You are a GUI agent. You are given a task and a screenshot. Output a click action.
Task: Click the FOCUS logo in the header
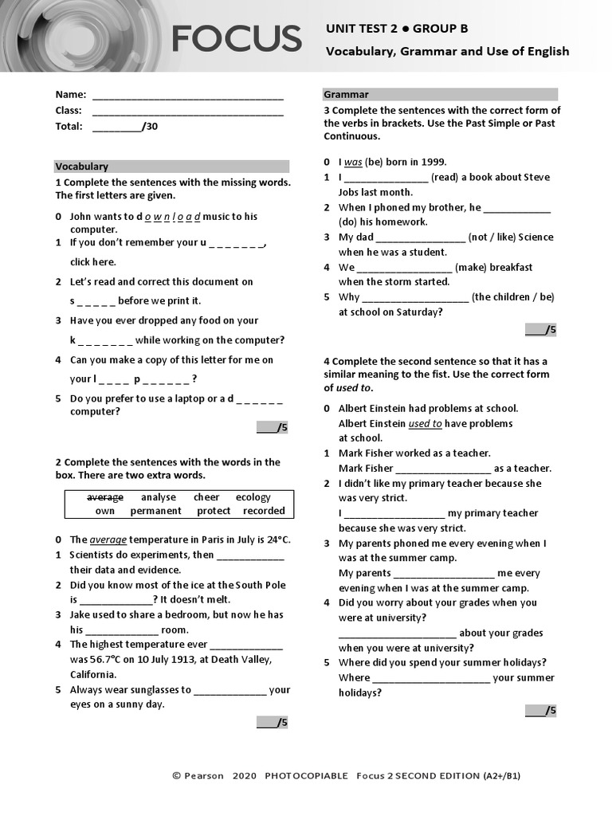click(x=236, y=38)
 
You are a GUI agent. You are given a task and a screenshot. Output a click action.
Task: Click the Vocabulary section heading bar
click(x=171, y=167)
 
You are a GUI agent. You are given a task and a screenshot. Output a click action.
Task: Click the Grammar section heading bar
click(x=440, y=94)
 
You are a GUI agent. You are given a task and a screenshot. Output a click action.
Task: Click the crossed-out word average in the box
click(x=105, y=497)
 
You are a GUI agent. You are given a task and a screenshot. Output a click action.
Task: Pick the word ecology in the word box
click(x=253, y=497)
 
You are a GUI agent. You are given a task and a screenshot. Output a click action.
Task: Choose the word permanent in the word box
click(x=156, y=511)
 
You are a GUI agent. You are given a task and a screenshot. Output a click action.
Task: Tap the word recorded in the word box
click(x=264, y=511)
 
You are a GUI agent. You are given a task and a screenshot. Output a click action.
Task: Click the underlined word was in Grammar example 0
click(x=353, y=162)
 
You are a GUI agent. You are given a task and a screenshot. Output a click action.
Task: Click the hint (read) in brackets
click(x=444, y=177)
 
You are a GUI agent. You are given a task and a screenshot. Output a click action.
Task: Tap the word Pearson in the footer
click(x=204, y=775)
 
